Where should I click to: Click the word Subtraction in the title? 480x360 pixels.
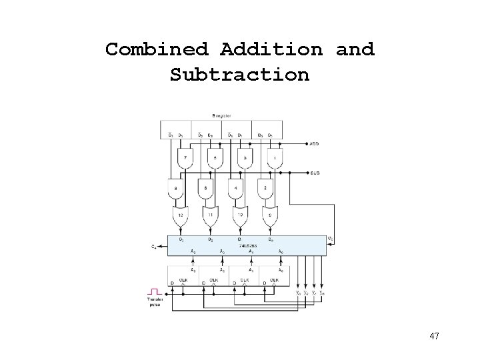[239, 75]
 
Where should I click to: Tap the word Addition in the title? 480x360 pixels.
[271, 49]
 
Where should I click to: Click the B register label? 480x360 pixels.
[223, 116]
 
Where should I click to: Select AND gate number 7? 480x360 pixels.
[185, 158]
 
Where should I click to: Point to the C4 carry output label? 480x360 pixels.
[154, 247]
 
